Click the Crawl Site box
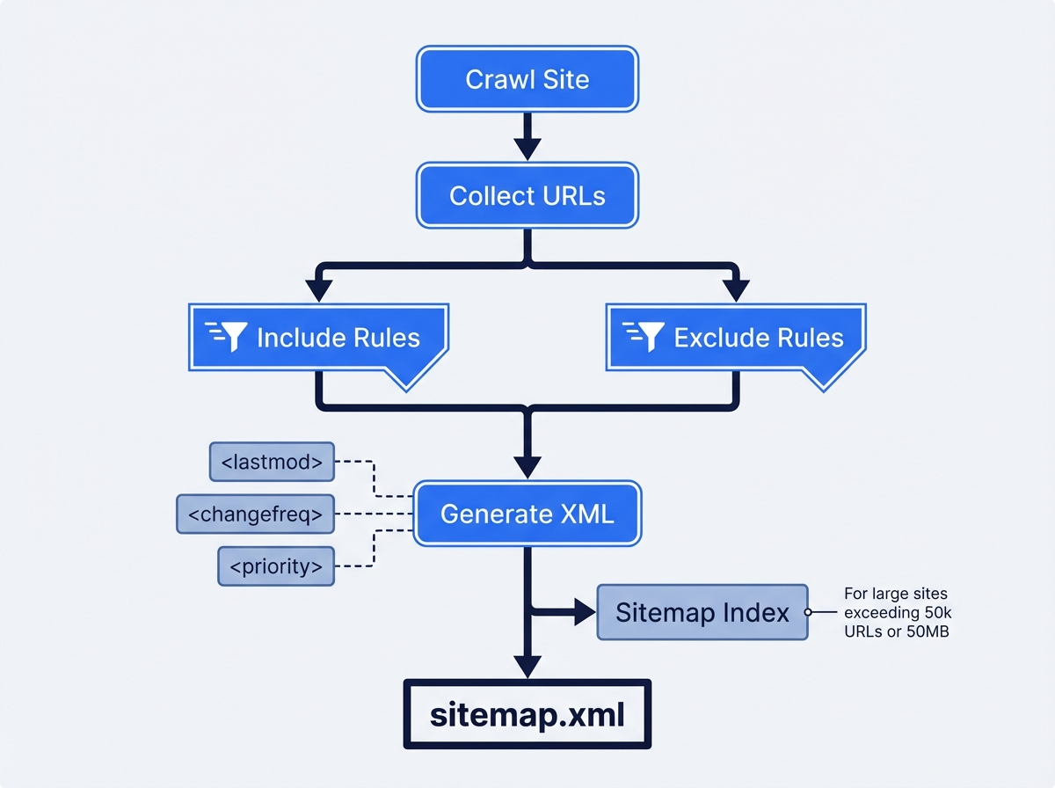click(x=527, y=79)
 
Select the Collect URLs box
click(x=527, y=195)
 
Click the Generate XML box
click(x=527, y=514)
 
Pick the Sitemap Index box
click(x=702, y=612)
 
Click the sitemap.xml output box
click(x=527, y=714)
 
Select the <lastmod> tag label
click(x=272, y=462)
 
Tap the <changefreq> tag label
click(x=255, y=514)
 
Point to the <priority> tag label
click(x=275, y=566)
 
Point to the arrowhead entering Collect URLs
click(x=527, y=150)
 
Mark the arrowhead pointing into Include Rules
click(x=318, y=291)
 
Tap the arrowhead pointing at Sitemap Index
click(x=585, y=612)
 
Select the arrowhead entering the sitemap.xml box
click(x=527, y=667)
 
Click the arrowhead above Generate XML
click(x=527, y=466)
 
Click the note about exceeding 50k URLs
click(x=895, y=612)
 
